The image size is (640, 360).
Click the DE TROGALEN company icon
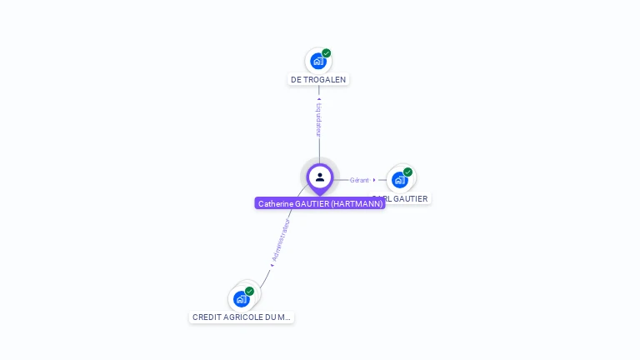tap(317, 61)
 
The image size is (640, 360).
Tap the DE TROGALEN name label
tap(318, 80)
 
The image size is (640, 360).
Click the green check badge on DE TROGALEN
tap(327, 53)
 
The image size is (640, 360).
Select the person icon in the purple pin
tap(320, 177)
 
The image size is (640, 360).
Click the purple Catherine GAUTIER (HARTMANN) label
tap(320, 203)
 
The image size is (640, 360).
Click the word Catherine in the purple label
tap(276, 203)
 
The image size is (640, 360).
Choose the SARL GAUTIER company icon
tap(400, 180)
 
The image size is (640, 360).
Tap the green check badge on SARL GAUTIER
tap(407, 172)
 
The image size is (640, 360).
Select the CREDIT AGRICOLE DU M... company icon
tap(242, 298)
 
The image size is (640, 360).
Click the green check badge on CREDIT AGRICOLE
tap(249, 292)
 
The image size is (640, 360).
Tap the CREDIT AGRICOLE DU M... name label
tap(242, 317)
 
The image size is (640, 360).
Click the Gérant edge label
tap(359, 180)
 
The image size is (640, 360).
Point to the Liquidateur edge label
tap(319, 120)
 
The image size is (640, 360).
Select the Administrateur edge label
tap(282, 241)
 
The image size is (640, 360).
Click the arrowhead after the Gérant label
tap(374, 180)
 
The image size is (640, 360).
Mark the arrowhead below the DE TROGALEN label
tap(319, 99)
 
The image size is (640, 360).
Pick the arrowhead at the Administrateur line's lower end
tap(271, 266)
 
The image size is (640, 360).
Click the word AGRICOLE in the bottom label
tap(245, 317)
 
